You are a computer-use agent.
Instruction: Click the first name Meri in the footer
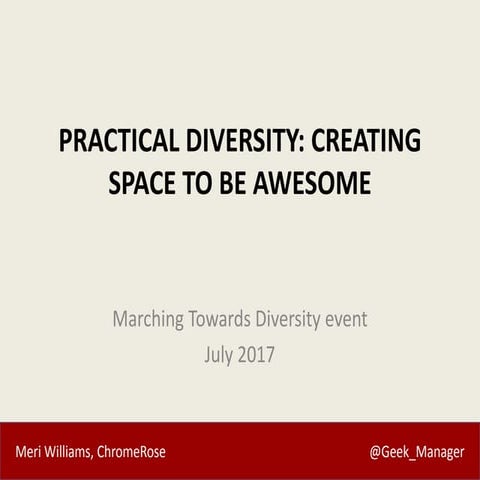[x=27, y=452]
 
